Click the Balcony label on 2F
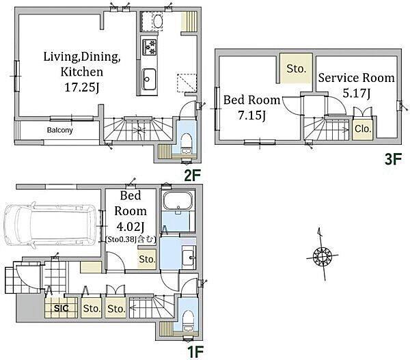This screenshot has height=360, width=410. [60, 130]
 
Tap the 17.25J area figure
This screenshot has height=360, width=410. [81, 87]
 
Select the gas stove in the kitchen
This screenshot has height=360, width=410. [149, 47]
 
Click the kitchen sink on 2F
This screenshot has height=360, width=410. [149, 79]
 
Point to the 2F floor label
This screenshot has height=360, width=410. [193, 176]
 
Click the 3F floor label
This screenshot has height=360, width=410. [393, 159]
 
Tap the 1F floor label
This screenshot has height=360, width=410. [195, 352]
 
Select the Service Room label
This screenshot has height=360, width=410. [357, 78]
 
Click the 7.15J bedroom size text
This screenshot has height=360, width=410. [251, 115]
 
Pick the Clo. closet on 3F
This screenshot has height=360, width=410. [363, 128]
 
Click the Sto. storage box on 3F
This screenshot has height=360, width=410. [296, 68]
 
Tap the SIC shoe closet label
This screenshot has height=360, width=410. [61, 308]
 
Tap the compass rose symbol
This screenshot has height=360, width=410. [322, 255]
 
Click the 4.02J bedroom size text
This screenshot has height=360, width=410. [131, 227]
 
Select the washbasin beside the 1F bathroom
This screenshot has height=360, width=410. [189, 258]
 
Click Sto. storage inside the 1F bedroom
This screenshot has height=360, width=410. [147, 259]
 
